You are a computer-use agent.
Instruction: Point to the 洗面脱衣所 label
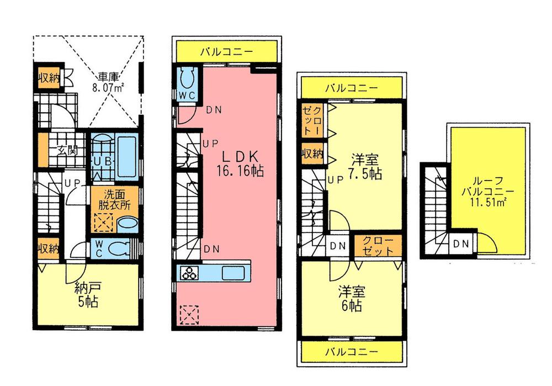pos(113,199)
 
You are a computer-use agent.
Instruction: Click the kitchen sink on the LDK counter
pos(229,273)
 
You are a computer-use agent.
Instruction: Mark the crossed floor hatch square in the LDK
pos(188,315)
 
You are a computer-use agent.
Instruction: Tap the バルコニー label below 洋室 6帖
pos(351,351)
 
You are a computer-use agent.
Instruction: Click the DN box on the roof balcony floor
pos(461,244)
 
